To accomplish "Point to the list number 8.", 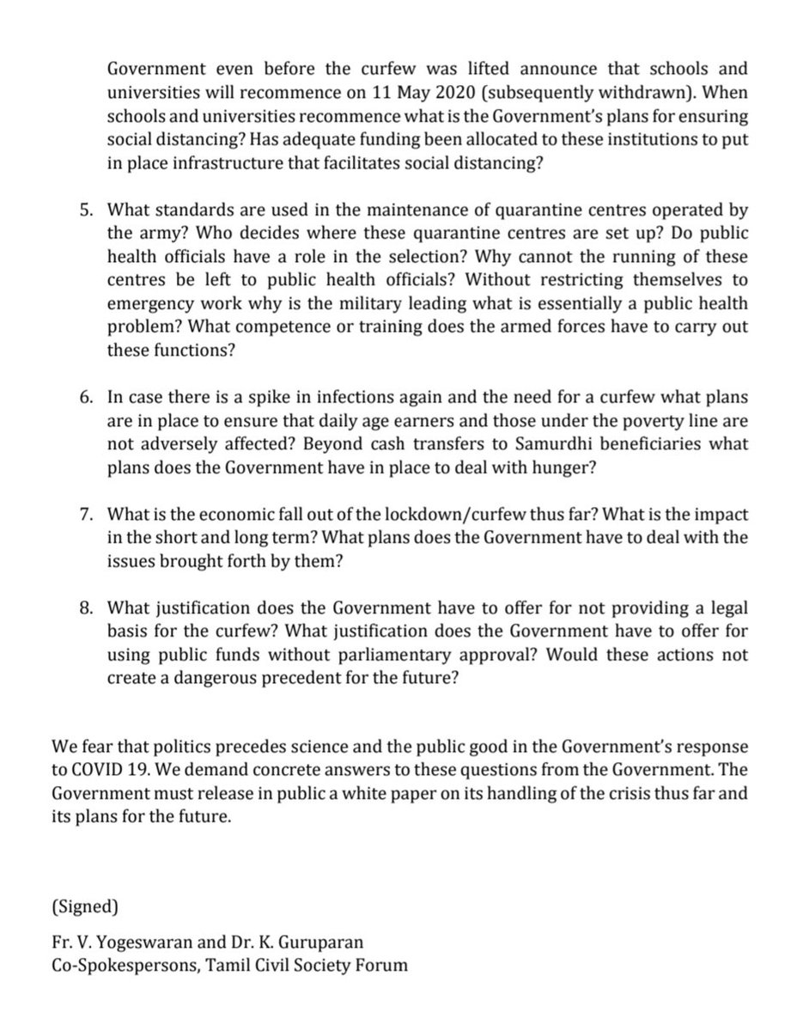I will (83, 607).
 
